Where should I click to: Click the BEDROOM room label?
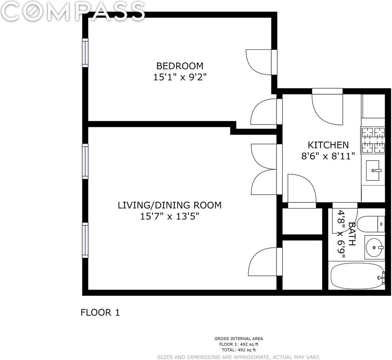[180, 66]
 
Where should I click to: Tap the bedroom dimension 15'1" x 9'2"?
[180, 77]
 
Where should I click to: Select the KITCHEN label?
[328, 145]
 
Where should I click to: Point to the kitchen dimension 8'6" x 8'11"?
[328, 156]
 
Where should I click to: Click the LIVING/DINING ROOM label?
[169, 205]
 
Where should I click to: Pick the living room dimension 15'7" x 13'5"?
[169, 216]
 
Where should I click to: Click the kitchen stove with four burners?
[372, 140]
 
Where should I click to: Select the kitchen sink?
[373, 171]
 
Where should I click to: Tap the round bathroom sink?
[374, 247]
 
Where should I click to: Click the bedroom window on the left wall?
[85, 52]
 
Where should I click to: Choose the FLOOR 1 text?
[100, 313]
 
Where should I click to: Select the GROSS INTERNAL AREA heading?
[239, 339]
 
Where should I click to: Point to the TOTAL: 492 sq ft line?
[239, 350]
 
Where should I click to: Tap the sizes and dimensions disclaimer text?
[239, 357]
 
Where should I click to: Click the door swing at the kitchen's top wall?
[327, 107]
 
